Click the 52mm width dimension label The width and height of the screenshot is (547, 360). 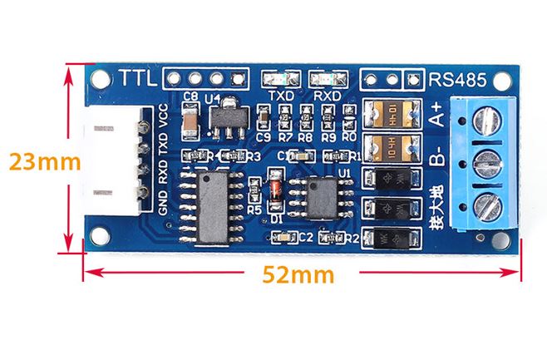pos(298,274)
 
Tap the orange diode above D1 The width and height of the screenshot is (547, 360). pos(276,189)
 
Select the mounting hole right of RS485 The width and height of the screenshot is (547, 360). pos(503,80)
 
